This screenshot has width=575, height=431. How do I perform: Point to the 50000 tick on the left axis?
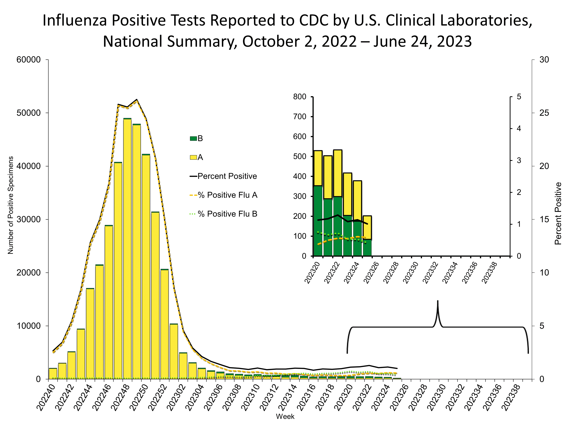(29, 113)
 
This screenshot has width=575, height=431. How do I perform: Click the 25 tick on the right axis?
(544, 113)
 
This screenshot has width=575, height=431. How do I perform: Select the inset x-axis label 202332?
(430, 273)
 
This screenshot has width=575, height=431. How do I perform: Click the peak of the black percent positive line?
(137, 100)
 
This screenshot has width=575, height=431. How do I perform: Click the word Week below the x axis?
(285, 416)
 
